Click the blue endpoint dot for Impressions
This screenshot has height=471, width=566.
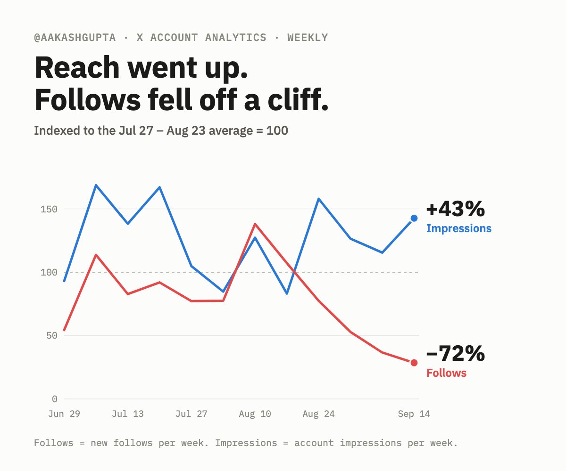coord(414,218)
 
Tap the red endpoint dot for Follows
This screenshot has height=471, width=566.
coord(414,363)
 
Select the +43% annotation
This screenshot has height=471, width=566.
coord(456,209)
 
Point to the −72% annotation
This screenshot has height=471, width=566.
coord(456,354)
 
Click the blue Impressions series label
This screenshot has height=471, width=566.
coord(458,228)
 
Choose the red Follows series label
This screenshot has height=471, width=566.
coord(447,373)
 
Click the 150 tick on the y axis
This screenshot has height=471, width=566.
coord(49,209)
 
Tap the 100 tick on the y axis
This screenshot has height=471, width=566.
coord(49,272)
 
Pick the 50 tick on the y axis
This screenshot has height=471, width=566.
coord(52,336)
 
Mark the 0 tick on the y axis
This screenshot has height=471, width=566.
coord(55,399)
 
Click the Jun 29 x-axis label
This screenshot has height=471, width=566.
coord(64,414)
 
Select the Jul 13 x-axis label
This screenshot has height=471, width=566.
coord(128,414)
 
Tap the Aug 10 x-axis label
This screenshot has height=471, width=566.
coord(255,414)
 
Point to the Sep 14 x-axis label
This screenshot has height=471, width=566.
coord(414,414)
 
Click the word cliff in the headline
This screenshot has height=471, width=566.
coord(298,99)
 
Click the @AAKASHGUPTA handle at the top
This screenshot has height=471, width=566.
coord(75,38)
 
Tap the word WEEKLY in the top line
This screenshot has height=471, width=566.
coord(308,38)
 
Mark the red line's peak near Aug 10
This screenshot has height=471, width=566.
coord(255,224)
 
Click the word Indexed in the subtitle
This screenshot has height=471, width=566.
coord(57,130)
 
